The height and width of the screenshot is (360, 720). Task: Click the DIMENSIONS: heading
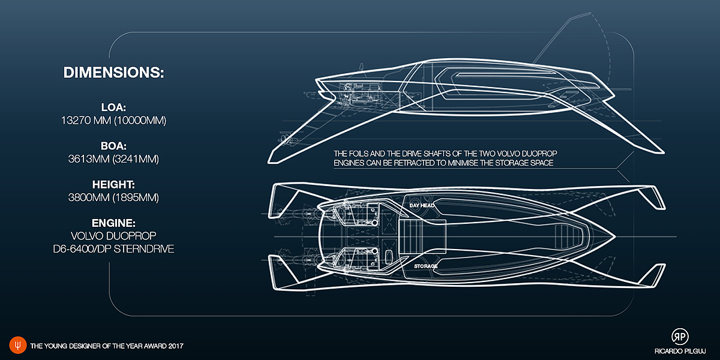click(113, 73)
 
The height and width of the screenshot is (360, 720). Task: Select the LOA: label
click(113, 108)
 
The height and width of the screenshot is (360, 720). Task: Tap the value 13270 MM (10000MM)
click(113, 121)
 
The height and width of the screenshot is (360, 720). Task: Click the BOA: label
click(113, 145)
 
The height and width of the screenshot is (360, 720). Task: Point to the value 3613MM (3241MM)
click(113, 158)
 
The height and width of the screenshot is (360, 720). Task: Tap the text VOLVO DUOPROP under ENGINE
click(113, 235)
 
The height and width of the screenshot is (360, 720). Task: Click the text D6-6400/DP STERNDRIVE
click(113, 248)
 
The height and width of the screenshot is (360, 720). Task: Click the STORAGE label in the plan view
click(425, 265)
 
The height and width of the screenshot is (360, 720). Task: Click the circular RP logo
click(680, 337)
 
